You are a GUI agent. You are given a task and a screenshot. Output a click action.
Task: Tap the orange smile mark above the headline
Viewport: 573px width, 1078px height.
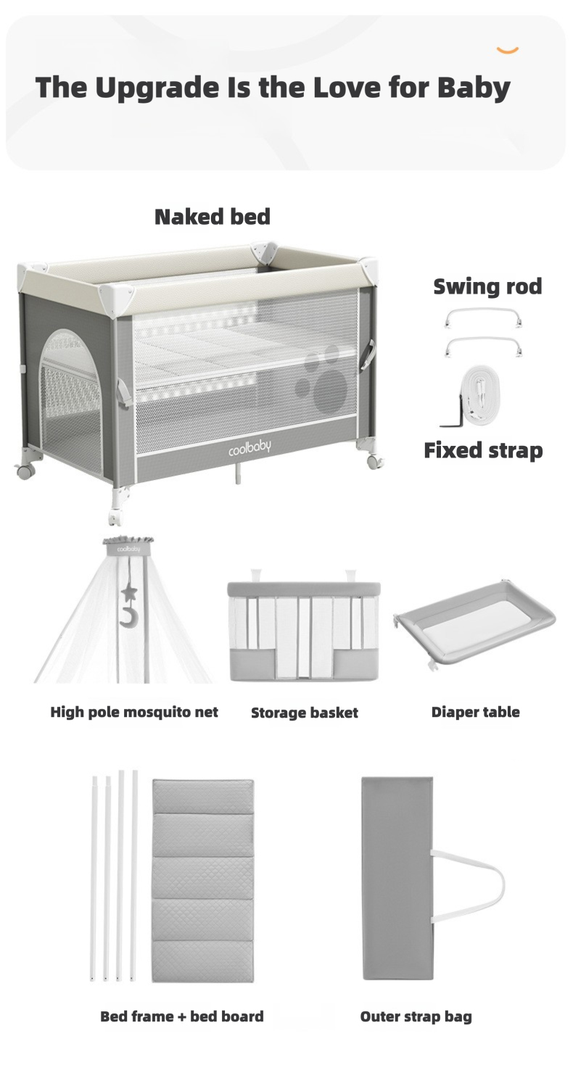(x=507, y=50)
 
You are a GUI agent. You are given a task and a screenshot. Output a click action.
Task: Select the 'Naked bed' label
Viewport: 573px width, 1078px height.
(x=212, y=216)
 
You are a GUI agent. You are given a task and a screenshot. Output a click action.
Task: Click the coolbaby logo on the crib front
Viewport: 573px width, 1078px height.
(x=249, y=448)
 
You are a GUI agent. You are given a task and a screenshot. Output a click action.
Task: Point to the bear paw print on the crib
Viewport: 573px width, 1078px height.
(x=327, y=385)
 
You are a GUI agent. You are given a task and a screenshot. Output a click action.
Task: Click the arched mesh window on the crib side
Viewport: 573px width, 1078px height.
(x=70, y=391)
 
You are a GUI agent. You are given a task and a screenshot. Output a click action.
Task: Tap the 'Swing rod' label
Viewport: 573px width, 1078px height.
(x=487, y=286)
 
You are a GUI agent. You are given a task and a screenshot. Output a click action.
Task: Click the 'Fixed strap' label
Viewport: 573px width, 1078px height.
(x=483, y=450)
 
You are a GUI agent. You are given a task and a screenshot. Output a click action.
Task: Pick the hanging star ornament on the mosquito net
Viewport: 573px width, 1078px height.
(x=129, y=593)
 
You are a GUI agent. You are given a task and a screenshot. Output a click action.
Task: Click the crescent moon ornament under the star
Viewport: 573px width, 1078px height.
(x=128, y=618)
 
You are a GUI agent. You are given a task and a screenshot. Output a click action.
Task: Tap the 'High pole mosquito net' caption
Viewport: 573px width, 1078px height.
(x=134, y=712)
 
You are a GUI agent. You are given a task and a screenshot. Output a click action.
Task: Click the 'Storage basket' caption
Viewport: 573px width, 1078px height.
(x=304, y=713)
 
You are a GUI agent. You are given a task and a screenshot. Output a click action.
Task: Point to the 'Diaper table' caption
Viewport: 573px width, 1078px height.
(x=475, y=712)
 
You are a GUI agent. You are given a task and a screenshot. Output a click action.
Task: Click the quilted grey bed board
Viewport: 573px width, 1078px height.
(x=202, y=880)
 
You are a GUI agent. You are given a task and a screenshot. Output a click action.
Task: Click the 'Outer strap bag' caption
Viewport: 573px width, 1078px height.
(x=416, y=1016)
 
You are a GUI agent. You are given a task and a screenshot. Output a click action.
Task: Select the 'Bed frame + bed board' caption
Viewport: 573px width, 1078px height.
(x=181, y=1016)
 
